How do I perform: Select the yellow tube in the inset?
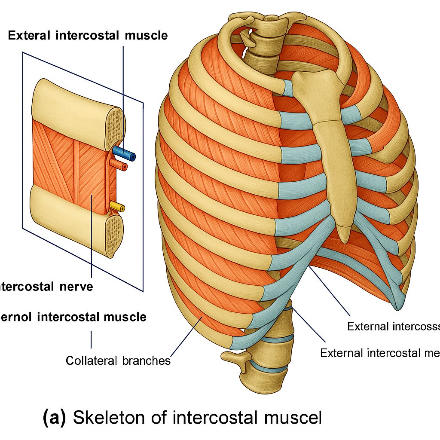(x=117, y=207)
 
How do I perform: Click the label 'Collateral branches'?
(x=118, y=360)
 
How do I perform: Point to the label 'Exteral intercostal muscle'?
(x=88, y=35)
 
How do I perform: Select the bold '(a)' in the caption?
(x=54, y=418)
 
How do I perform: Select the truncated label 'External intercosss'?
(x=393, y=327)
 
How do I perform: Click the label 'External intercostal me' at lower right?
(x=380, y=353)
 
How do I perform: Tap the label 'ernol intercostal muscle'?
(x=73, y=317)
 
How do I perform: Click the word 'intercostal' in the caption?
(x=205, y=418)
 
